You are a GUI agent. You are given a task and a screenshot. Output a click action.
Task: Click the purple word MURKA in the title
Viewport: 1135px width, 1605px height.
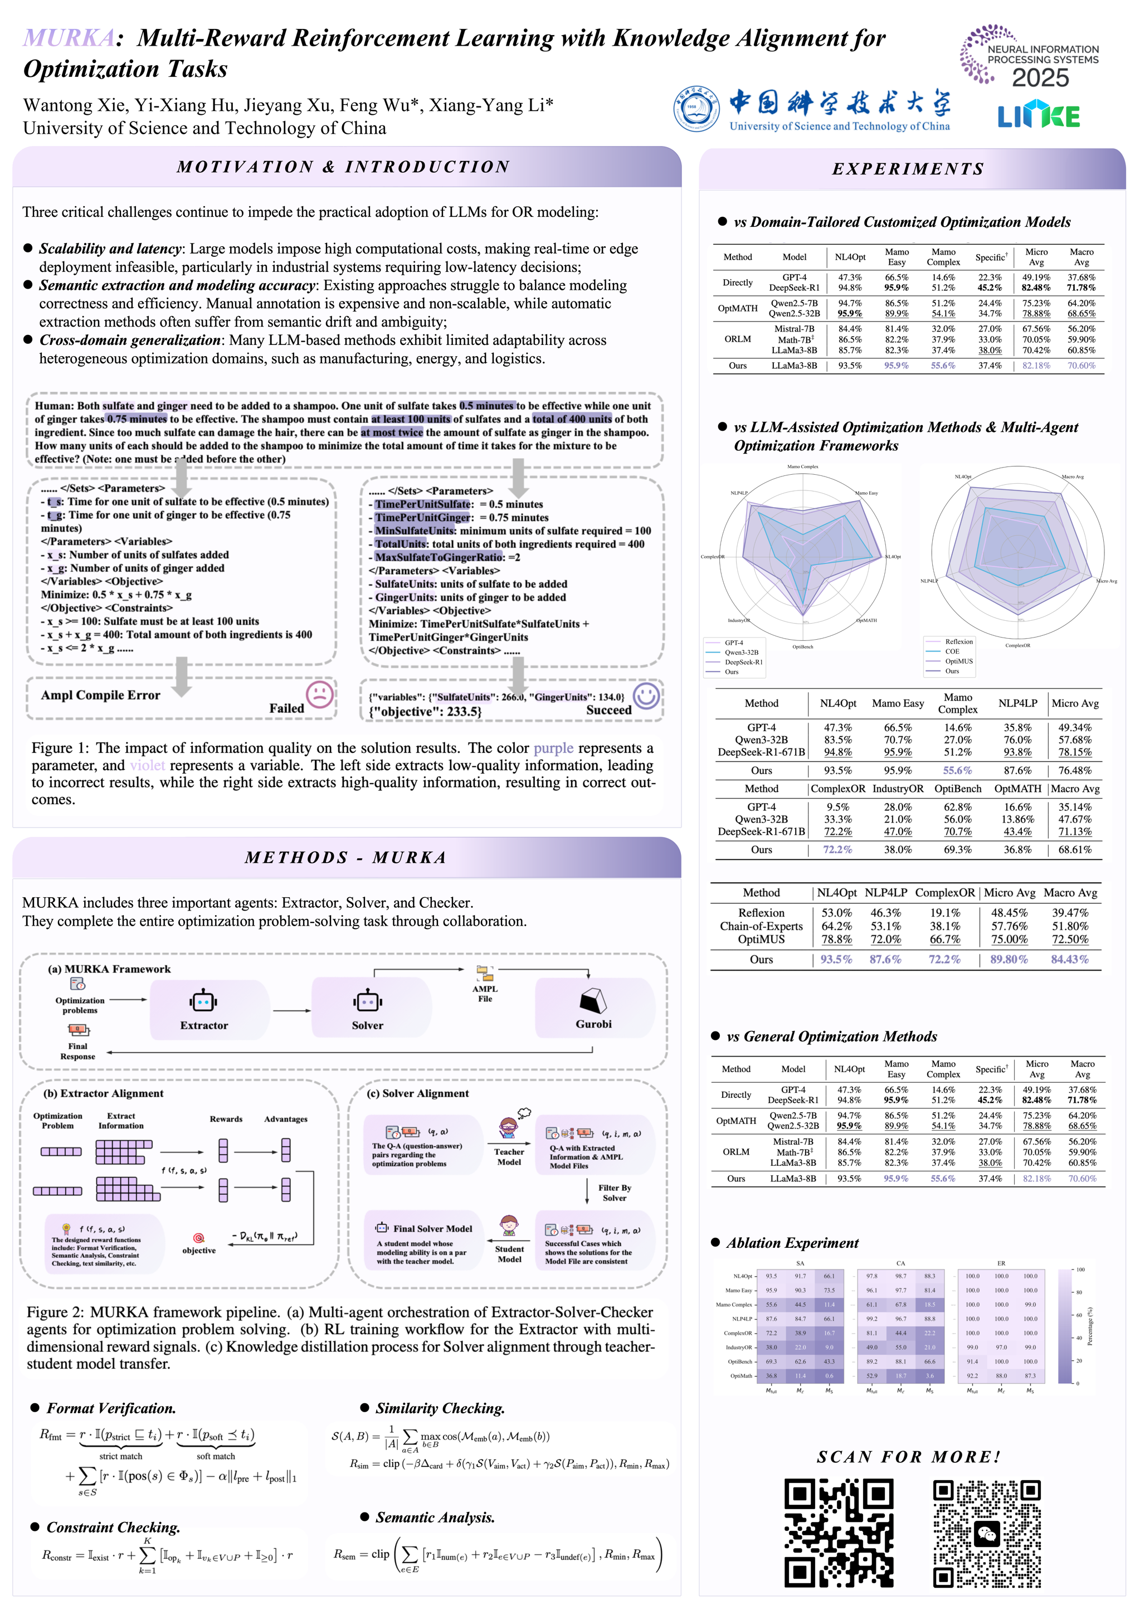pyautogui.click(x=69, y=38)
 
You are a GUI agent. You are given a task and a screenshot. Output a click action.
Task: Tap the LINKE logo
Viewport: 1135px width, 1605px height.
pyautogui.click(x=1039, y=116)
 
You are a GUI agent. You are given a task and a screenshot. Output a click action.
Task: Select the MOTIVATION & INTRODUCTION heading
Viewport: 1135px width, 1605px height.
pyautogui.click(x=343, y=167)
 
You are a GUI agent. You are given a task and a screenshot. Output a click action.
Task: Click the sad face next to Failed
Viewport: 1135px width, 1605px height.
pyautogui.click(x=319, y=694)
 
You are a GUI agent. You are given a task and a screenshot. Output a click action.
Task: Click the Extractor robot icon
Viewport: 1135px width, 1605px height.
pyautogui.click(x=203, y=1001)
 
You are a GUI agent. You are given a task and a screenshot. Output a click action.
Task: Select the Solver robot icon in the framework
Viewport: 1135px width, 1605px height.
pyautogui.click(x=368, y=1001)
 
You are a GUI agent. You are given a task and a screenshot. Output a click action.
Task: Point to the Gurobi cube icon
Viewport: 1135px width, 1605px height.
pyautogui.click(x=593, y=1001)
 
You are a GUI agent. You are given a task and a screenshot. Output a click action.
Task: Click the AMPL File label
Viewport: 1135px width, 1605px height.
pyautogui.click(x=485, y=993)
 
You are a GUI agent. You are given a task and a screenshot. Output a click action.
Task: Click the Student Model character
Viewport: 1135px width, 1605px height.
pyautogui.click(x=509, y=1226)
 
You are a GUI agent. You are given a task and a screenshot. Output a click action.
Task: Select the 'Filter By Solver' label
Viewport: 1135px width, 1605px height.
pyautogui.click(x=615, y=1193)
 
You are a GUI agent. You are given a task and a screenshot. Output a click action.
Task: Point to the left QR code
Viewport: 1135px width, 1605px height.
pyautogui.click(x=839, y=1533)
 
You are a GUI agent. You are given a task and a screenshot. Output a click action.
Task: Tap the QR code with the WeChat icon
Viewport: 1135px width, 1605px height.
pyautogui.click(x=987, y=1534)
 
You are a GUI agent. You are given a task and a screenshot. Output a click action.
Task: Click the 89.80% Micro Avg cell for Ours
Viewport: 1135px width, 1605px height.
pyautogui.click(x=1009, y=959)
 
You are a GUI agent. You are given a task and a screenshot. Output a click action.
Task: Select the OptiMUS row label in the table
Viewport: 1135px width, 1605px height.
pyautogui.click(x=761, y=939)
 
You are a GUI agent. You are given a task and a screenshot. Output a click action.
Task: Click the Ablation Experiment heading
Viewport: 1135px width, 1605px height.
pyautogui.click(x=792, y=1243)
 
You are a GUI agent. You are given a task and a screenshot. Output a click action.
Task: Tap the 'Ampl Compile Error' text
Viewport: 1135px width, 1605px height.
pyautogui.click(x=101, y=695)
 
